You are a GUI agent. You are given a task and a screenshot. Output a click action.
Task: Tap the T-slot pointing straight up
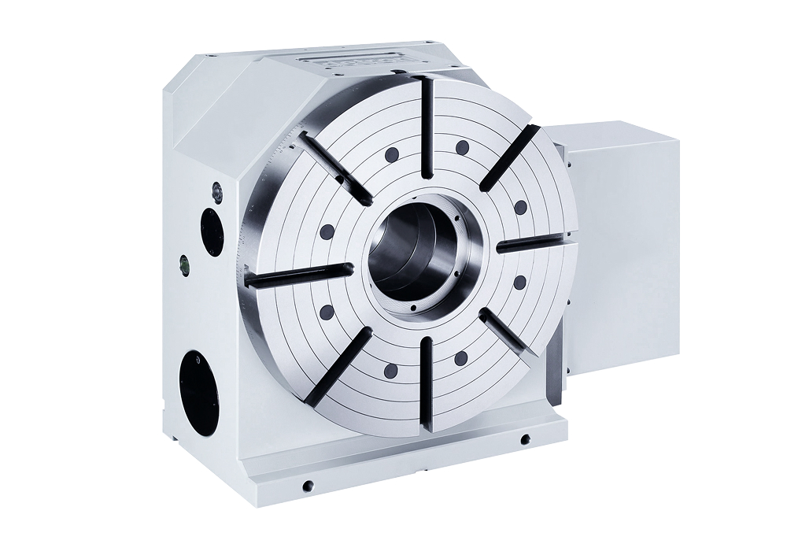coord(427,126)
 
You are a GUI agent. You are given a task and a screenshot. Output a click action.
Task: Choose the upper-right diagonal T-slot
coord(509,157)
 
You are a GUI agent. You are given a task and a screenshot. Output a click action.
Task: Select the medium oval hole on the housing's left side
coord(211,228)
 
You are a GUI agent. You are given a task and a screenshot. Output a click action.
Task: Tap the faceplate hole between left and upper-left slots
coord(325,231)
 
